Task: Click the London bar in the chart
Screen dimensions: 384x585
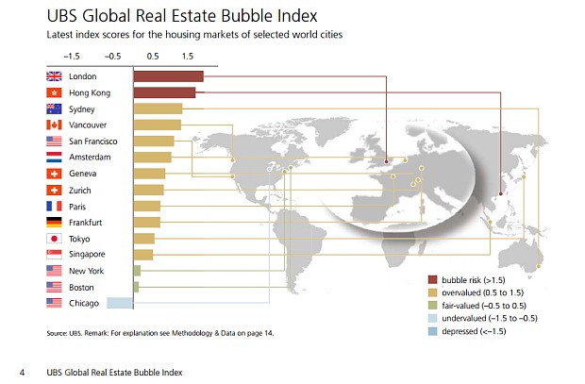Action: (x=168, y=76)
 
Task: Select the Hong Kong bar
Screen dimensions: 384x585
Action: (x=164, y=92)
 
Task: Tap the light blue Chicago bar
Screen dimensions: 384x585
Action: (x=120, y=303)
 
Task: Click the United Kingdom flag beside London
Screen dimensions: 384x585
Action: (x=53, y=76)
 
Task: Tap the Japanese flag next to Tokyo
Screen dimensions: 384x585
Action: (x=53, y=239)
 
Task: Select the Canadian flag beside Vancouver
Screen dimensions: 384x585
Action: (x=53, y=125)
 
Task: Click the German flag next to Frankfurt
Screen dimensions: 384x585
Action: (x=53, y=223)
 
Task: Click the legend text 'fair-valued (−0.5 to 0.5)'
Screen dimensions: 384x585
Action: (x=496, y=307)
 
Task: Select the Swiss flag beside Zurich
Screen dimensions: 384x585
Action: (x=53, y=190)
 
